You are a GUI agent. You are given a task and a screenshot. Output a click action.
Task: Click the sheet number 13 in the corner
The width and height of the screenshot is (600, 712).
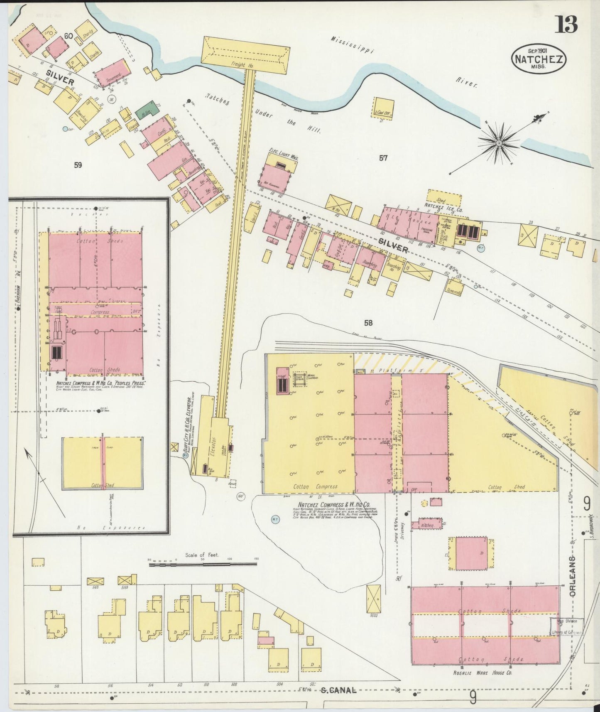pos(567,25)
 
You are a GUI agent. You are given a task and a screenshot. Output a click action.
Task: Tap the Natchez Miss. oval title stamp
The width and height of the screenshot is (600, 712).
pos(539,59)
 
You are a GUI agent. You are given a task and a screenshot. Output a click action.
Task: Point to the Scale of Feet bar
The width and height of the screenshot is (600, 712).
pos(203,564)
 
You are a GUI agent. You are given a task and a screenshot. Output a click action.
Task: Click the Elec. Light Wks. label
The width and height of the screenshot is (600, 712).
pos(284,158)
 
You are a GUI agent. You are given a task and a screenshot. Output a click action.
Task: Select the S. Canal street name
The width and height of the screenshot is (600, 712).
pos(338,690)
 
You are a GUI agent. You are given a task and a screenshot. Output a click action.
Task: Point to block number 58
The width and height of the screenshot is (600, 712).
pos(368,323)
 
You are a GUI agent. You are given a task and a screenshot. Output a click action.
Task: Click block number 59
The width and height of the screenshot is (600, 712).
pos(78,165)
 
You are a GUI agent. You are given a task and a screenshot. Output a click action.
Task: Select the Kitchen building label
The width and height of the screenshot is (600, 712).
pos(428,525)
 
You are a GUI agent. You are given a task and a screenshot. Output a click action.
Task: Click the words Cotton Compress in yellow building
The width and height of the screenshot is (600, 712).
pos(315,486)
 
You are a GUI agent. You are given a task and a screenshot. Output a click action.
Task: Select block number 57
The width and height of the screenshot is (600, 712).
pos(383,158)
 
